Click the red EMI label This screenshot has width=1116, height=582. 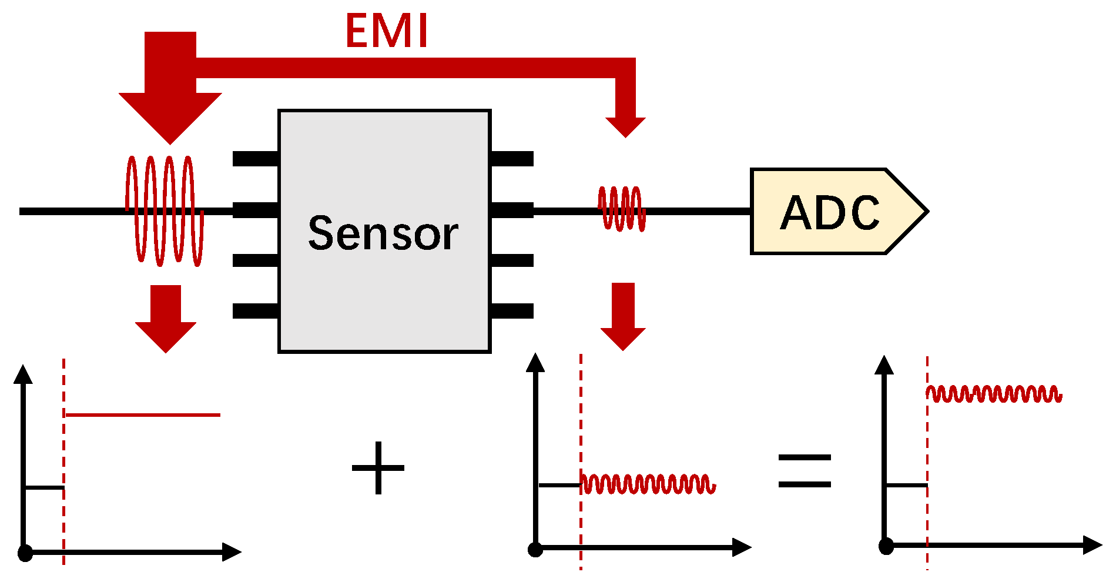click(x=386, y=31)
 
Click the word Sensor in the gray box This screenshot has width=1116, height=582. click(x=383, y=233)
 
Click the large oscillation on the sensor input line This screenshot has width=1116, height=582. click(x=165, y=210)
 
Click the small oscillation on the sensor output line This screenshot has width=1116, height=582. click(x=622, y=209)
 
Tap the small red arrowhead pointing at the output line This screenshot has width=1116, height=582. click(x=625, y=126)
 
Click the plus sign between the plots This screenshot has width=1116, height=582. click(x=378, y=468)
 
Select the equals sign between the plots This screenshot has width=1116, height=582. click(x=805, y=470)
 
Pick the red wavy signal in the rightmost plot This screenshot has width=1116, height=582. click(x=994, y=394)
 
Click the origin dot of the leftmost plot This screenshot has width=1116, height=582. click(x=25, y=553)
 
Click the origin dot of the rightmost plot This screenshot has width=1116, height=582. click(x=886, y=546)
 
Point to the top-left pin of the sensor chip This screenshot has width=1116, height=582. click(x=256, y=159)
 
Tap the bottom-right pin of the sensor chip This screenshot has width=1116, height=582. click(x=512, y=311)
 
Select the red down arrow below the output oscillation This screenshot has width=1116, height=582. click(x=623, y=317)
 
